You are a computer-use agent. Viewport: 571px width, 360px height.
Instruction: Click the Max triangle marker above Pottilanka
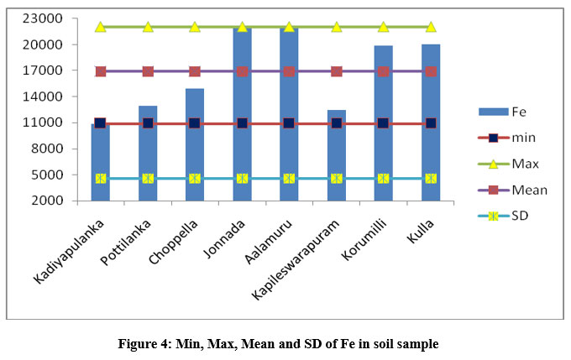pos(148,27)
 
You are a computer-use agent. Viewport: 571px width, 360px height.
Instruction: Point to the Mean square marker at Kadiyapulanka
pos(101,71)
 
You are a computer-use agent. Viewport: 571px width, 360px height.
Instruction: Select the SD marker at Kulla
pos(431,178)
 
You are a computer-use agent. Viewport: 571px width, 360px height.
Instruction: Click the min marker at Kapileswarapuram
pos(337,123)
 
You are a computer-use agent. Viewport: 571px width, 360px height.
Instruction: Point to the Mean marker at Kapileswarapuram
pos(337,71)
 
